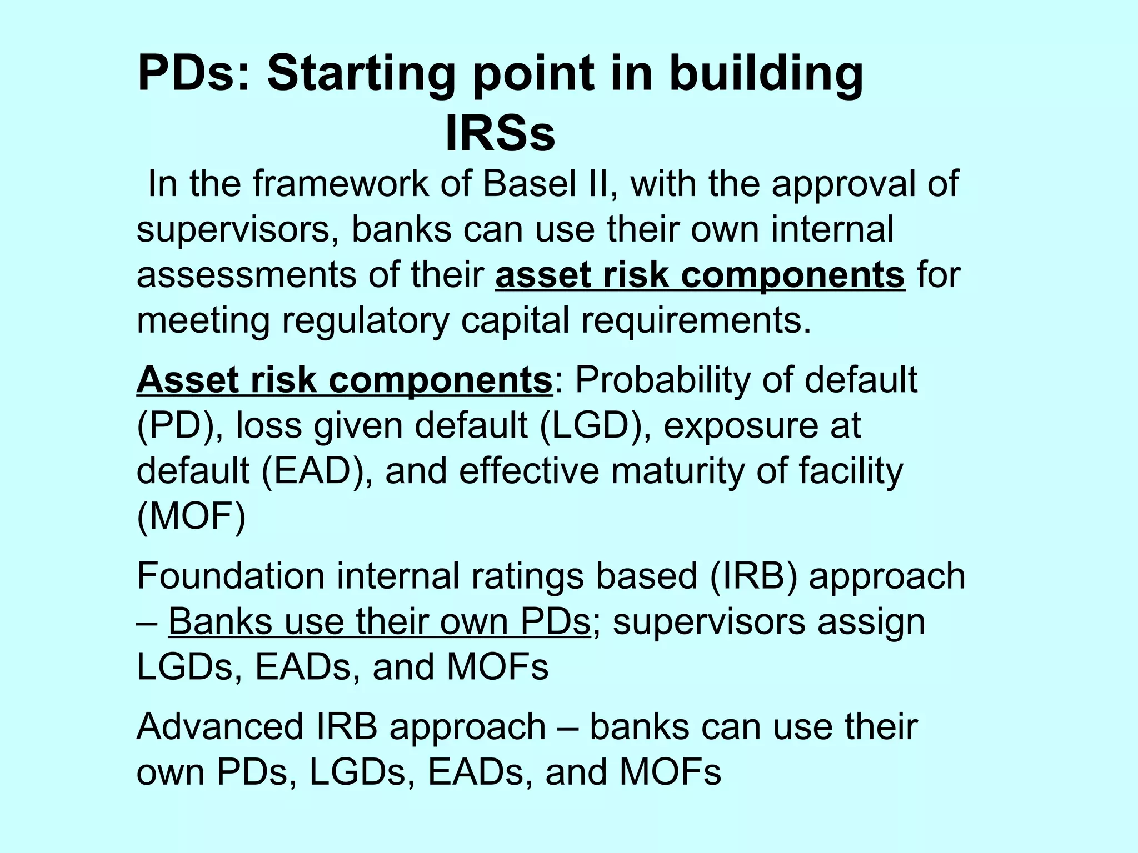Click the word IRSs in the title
click(500, 134)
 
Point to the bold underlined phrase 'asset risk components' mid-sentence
click(700, 275)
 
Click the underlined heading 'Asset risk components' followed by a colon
click(345, 380)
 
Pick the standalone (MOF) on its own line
click(191, 517)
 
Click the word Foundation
click(231, 576)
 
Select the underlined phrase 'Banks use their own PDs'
click(379, 621)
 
